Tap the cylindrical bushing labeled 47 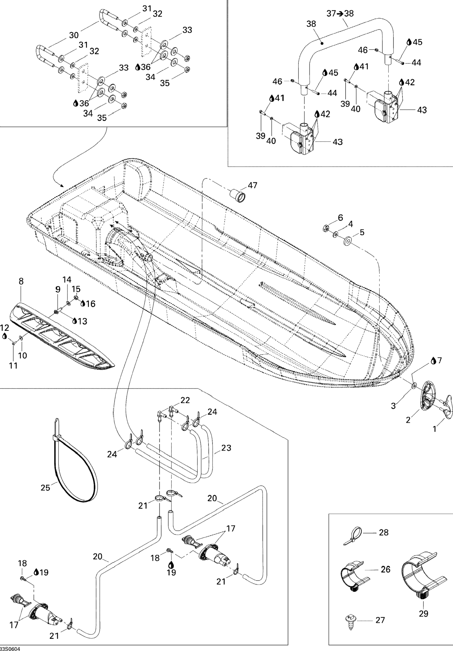237,196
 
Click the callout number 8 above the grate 21,281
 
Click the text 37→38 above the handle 340,13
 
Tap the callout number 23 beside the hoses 226,448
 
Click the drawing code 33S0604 10,648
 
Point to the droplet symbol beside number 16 83,304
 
